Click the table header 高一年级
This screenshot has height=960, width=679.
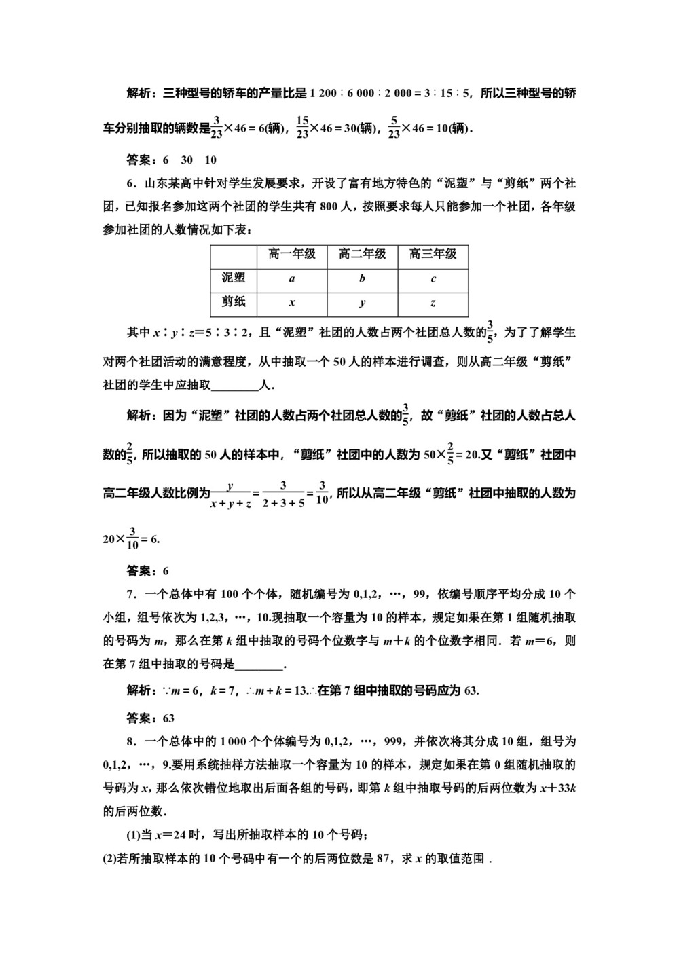pyautogui.click(x=292, y=255)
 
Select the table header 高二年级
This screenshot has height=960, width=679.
pyautogui.click(x=362, y=255)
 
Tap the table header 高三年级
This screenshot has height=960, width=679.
pyautogui.click(x=433, y=255)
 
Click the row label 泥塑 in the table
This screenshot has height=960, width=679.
pyautogui.click(x=234, y=278)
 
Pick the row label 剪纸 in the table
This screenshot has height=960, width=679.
pyautogui.click(x=234, y=303)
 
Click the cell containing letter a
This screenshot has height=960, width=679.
pyautogui.click(x=292, y=279)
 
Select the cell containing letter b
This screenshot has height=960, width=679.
pyautogui.click(x=362, y=279)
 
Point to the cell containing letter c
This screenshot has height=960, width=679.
pyautogui.click(x=433, y=279)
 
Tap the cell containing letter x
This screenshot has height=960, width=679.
pyautogui.click(x=292, y=303)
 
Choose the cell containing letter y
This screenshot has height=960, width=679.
pyautogui.click(x=362, y=303)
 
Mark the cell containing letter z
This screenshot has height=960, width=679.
pyautogui.click(x=433, y=303)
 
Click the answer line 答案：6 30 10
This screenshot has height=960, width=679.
pyautogui.click(x=172, y=160)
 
